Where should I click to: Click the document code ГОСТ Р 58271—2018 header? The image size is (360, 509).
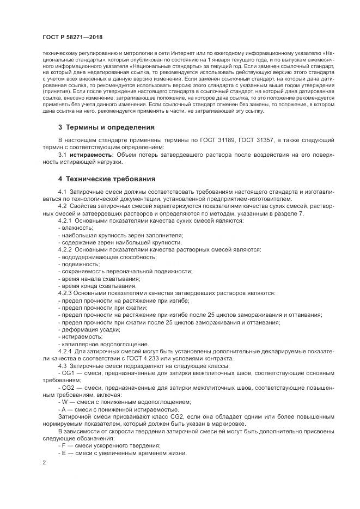point(72,36)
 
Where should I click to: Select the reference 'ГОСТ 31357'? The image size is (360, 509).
point(264,140)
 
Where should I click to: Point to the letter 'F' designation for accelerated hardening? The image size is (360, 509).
point(64,445)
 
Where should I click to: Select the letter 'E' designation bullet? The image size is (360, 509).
point(64,453)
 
